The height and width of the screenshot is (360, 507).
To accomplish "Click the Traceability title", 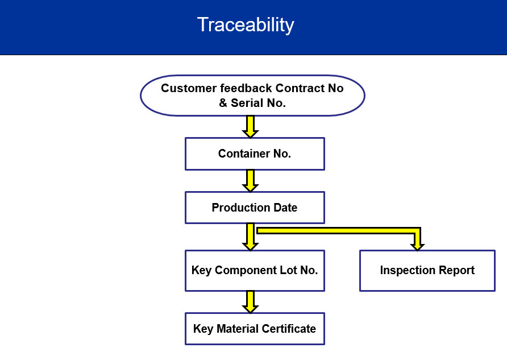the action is click(246, 25).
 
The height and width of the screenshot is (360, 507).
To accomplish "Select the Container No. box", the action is click(255, 154).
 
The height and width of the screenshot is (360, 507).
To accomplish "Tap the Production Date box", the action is click(255, 208).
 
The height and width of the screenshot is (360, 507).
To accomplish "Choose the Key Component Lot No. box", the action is click(255, 270).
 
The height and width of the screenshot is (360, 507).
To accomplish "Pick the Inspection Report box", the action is click(427, 270).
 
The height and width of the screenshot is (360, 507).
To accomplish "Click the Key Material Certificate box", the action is click(255, 329).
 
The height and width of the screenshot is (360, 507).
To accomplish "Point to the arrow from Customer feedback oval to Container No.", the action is click(250, 127).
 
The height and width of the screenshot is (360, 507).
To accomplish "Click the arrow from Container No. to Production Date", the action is click(250, 181).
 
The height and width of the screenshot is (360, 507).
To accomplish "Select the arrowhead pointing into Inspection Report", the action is click(417, 246).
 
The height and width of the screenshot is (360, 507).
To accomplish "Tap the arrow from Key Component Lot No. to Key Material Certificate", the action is click(250, 302).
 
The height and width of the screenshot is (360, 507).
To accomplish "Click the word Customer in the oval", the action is click(189, 88).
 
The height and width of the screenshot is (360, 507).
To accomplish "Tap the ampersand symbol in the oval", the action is click(223, 103).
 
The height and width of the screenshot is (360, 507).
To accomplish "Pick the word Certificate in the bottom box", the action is click(289, 329).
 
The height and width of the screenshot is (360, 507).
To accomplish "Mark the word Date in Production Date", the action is click(285, 208).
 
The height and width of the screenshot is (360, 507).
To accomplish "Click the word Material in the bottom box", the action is click(238, 329).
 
